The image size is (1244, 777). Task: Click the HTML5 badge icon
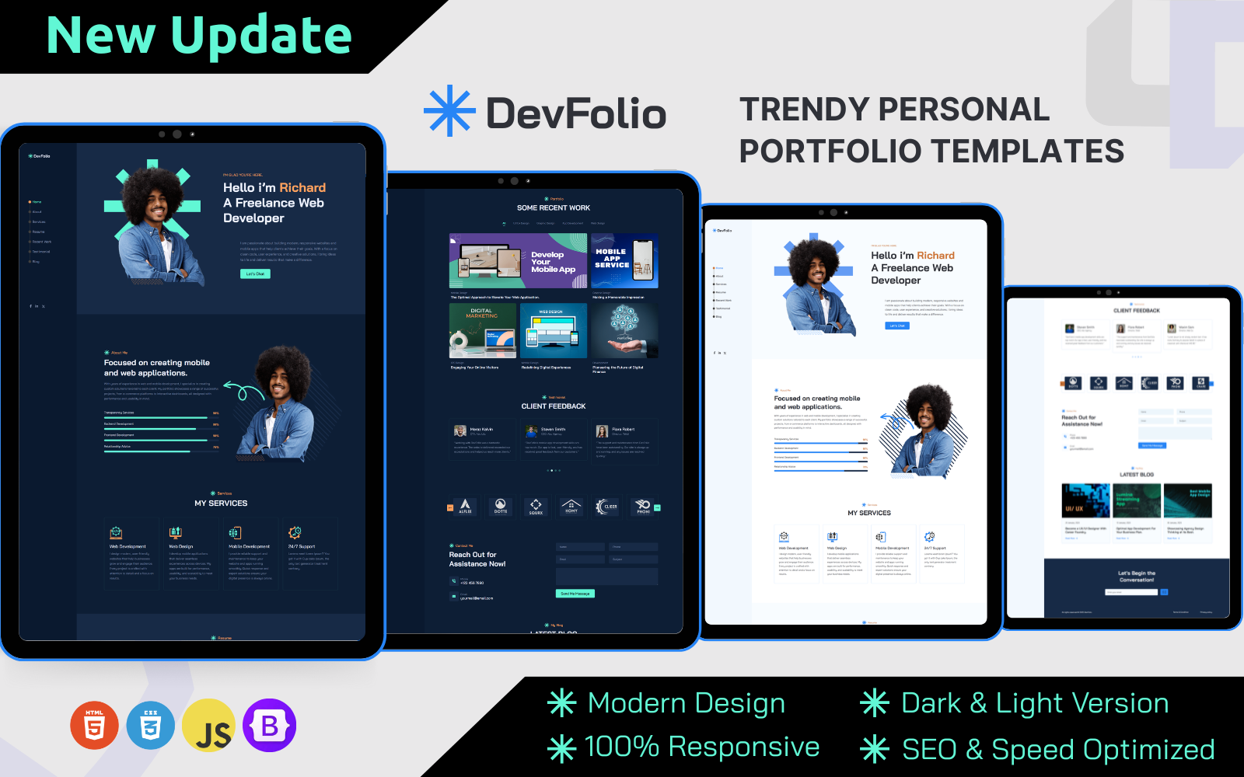coord(94,726)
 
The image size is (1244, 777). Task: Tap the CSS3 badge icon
coord(151,726)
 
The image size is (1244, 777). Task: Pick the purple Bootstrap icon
coord(269,726)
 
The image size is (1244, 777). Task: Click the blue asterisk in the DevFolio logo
coord(449,111)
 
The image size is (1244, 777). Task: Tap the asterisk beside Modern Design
coord(561,703)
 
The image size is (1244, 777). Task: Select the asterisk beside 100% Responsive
coord(561,748)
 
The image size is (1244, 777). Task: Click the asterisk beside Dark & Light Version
coord(875,703)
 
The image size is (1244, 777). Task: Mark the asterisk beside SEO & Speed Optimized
coord(875,749)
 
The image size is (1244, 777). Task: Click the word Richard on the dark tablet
coord(302,188)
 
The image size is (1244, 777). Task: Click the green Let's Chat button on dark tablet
coord(255,274)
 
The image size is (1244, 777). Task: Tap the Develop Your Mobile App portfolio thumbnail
coord(518,261)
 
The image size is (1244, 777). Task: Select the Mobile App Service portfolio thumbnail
coord(624,261)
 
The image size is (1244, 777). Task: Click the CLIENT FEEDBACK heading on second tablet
coord(554,406)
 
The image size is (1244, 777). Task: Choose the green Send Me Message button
coord(575,594)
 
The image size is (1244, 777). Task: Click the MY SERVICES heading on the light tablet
coord(869,513)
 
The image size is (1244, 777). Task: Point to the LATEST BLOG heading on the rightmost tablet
coord(1137,475)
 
